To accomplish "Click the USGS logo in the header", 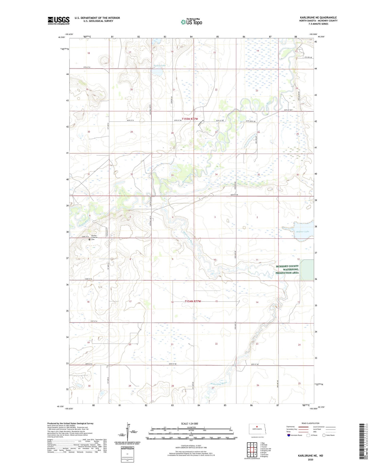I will coord(58,21).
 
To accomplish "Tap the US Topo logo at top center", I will coord(191,22).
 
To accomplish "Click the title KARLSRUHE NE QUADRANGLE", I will coord(318,18).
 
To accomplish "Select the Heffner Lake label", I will coord(302,232).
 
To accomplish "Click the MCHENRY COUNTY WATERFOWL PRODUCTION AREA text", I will coord(287,270).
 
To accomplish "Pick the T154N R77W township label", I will coord(193,301).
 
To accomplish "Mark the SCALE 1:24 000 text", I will coord(189,423).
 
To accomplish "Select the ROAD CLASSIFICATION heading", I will coord(310,423).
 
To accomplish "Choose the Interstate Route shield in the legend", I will coord(289,435).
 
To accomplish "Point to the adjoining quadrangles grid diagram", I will coord(252,449).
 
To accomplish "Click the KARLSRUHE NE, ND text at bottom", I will coord(310,456).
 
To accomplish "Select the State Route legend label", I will coord(330,435).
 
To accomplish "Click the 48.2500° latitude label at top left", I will coord(62,38).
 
